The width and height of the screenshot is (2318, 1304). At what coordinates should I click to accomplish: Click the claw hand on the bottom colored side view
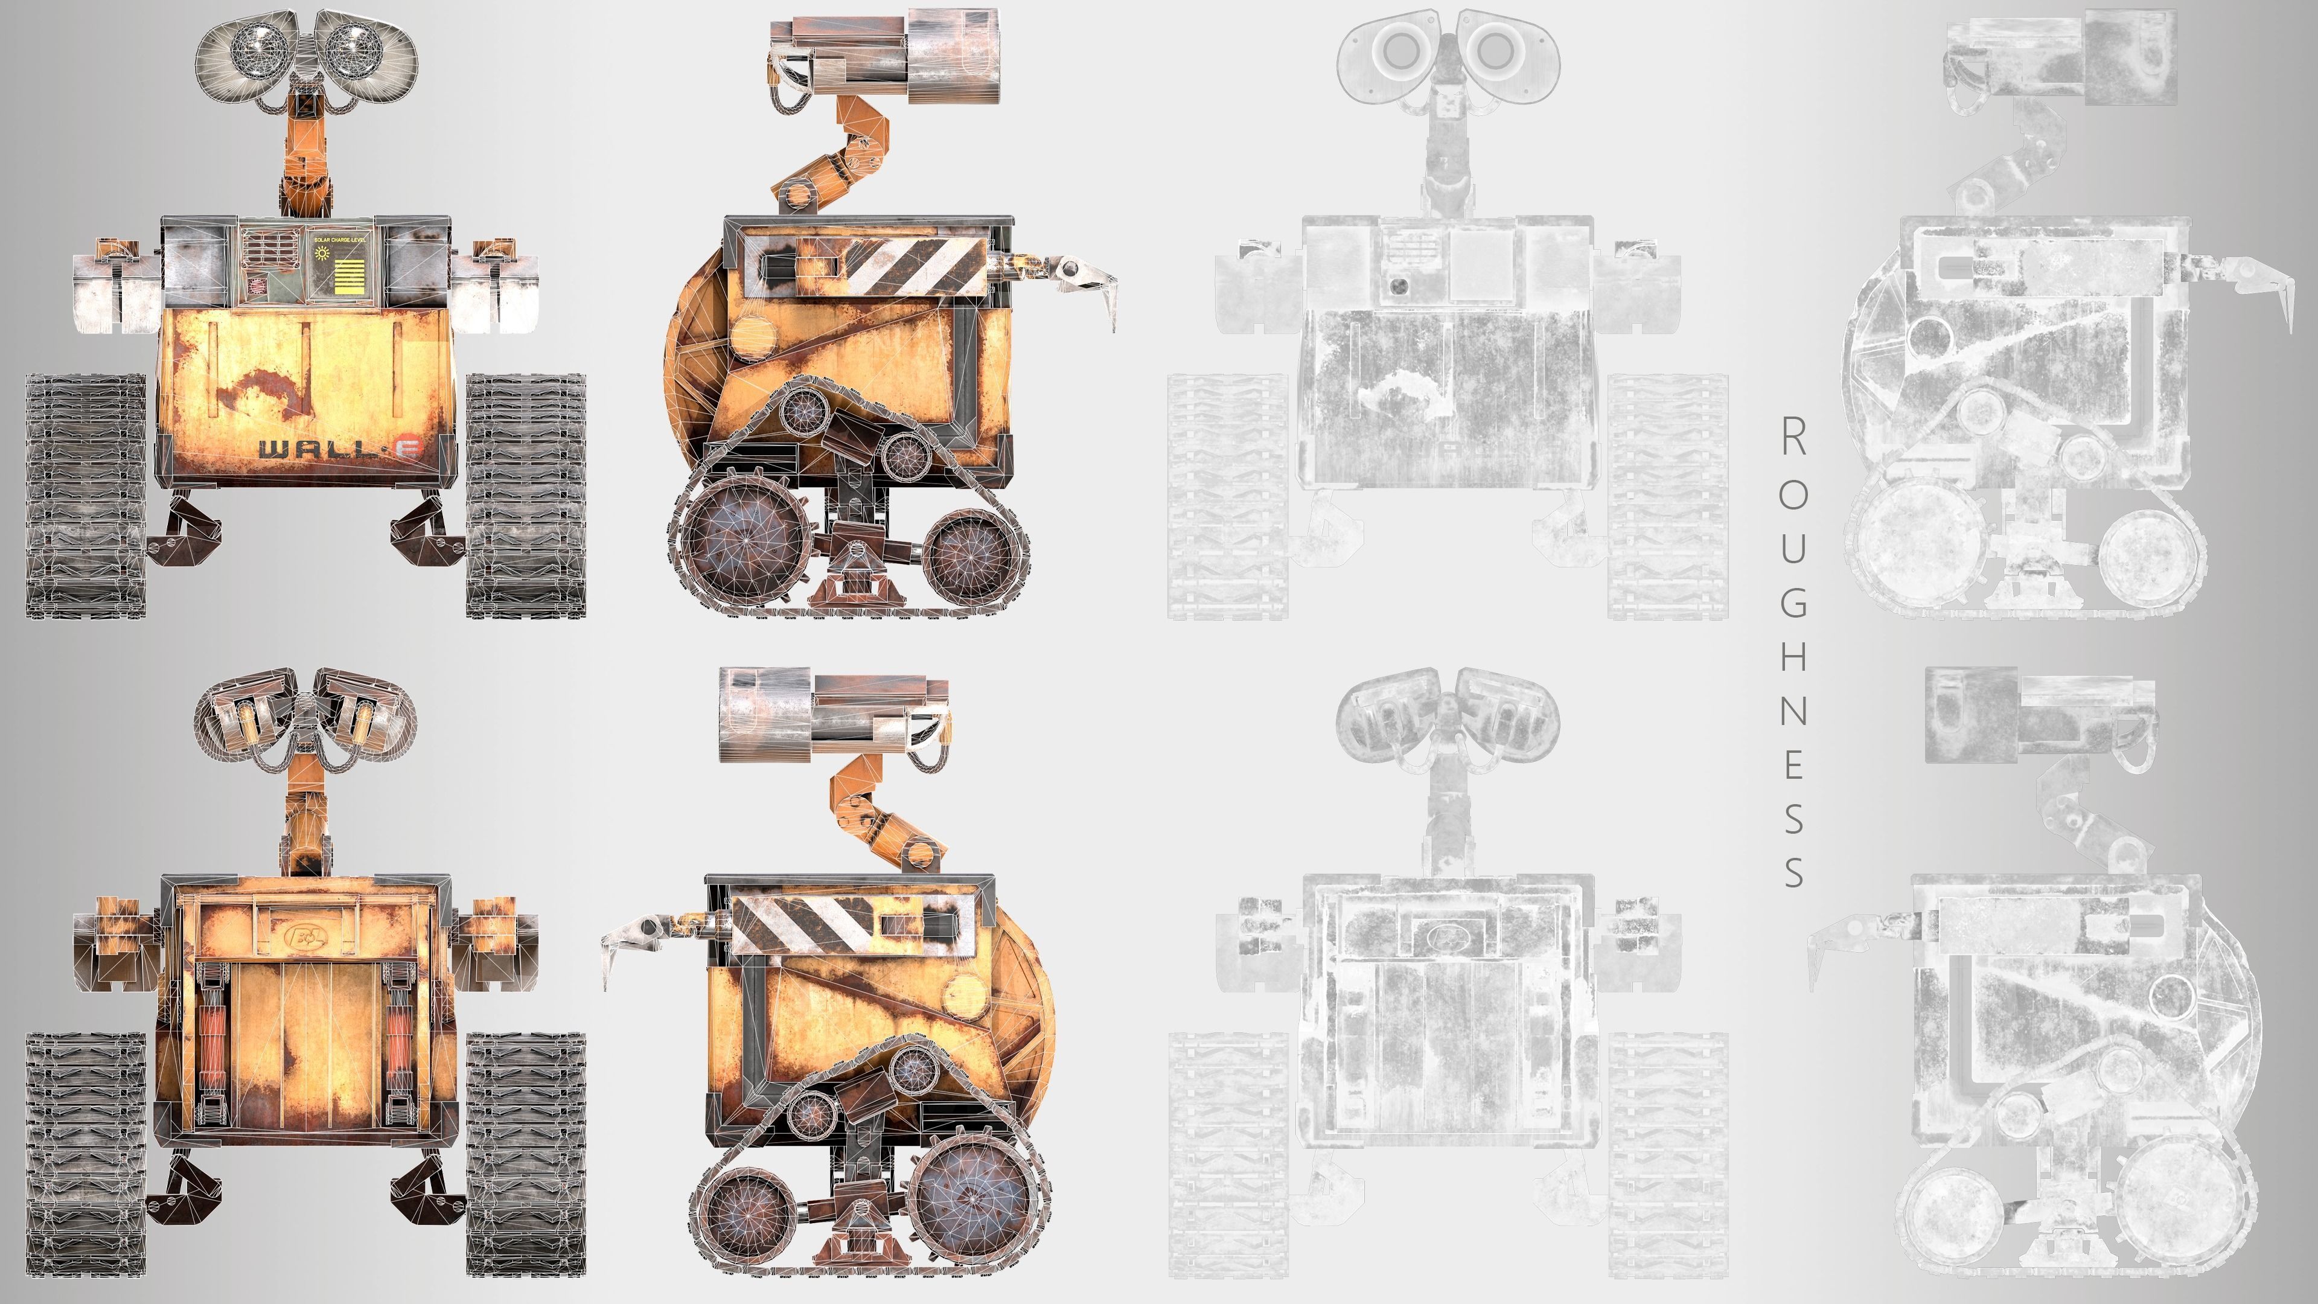[x=630, y=936]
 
